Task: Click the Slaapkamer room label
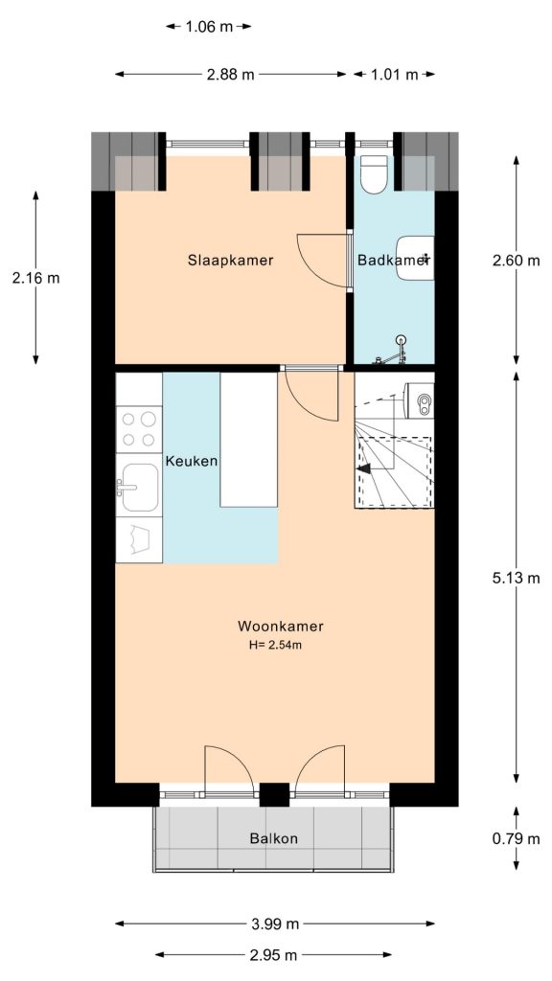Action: tap(230, 260)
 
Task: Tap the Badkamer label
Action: tap(392, 260)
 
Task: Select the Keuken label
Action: tap(192, 461)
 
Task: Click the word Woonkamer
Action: tap(280, 627)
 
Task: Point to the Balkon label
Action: tap(273, 838)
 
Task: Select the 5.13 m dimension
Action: tap(517, 578)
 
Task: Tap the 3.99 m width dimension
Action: tap(274, 924)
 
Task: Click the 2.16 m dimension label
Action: tap(35, 278)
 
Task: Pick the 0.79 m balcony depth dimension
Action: tap(517, 838)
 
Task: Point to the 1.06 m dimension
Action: tap(208, 27)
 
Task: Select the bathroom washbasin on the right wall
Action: tap(417, 257)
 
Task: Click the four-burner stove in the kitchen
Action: tap(138, 429)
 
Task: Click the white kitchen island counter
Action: tap(248, 440)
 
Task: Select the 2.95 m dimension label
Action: tap(273, 955)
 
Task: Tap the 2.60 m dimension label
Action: tap(517, 260)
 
